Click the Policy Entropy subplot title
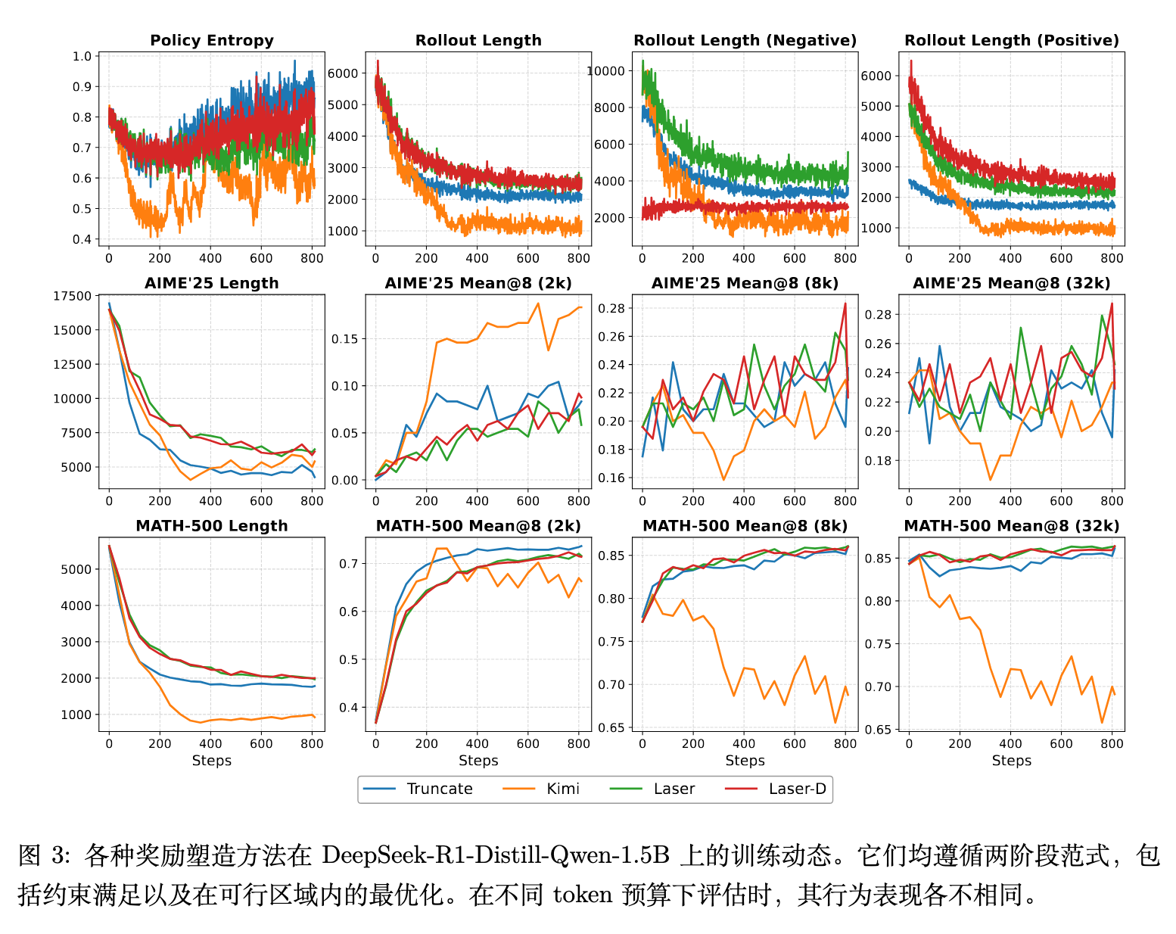212,41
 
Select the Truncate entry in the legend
439,789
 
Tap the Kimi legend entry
562,789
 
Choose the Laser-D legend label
797,789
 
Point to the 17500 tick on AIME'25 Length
72,296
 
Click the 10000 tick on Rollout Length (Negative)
606,71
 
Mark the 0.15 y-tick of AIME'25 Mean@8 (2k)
345,339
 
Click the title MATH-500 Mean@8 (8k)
745,526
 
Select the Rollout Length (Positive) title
1011,41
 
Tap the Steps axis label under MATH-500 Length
212,761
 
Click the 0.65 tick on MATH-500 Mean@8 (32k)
879,730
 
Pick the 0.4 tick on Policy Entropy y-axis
82,239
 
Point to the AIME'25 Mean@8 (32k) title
1011,284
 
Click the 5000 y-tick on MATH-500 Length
76,569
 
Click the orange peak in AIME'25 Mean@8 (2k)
538,304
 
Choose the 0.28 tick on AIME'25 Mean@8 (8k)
611,308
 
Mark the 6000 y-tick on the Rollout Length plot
342,73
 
